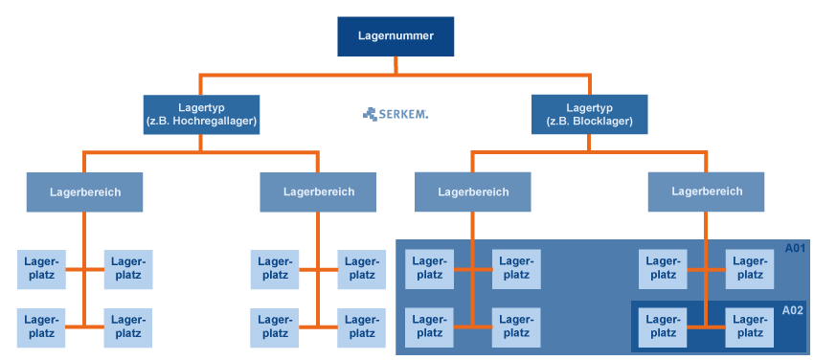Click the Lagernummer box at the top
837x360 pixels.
(395, 36)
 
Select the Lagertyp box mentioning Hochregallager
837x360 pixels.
(200, 115)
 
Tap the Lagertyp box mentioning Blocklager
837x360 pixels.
(589, 115)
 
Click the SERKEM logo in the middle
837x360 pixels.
(396, 114)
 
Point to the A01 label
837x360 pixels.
(795, 249)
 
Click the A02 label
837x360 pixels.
(792, 310)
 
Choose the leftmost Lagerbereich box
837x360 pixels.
(84, 191)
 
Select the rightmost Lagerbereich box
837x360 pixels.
(706, 191)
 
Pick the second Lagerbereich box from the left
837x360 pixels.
(318, 191)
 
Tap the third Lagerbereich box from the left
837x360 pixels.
(473, 191)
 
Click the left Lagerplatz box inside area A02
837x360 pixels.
(663, 326)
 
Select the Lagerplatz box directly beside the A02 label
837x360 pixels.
(749, 326)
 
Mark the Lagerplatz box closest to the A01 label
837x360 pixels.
(749, 269)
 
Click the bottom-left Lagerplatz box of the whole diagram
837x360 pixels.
(41, 326)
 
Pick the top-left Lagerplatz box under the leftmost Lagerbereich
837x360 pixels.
(41, 269)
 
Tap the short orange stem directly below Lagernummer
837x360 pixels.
(395, 65)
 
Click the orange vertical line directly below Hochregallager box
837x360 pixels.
(200, 144)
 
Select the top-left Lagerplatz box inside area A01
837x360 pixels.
(430, 269)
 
